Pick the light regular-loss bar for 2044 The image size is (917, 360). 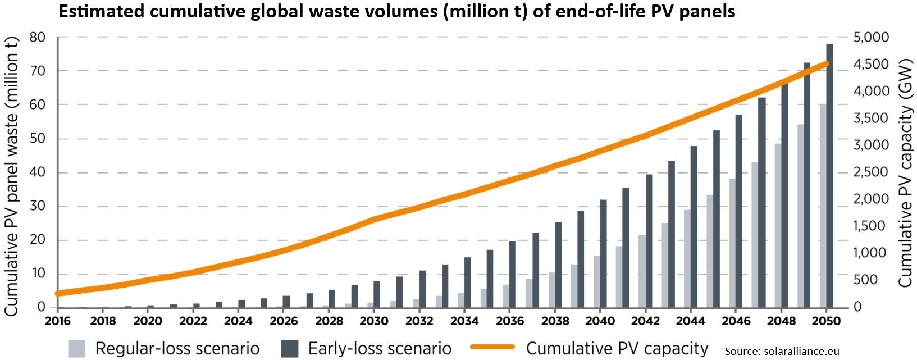687,258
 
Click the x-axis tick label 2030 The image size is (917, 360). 374,321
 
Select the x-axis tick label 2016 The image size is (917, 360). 57,321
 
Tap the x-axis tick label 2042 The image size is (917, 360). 645,321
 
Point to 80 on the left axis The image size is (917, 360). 38,38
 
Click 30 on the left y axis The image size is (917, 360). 38,206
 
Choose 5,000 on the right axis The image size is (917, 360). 871,38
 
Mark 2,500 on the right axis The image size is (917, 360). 871,172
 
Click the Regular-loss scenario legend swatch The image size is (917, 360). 77,349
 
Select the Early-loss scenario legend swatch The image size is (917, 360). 290,349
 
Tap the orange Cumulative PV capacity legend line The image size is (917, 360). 492,348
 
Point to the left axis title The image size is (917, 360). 12,175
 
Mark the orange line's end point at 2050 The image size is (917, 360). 827,63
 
